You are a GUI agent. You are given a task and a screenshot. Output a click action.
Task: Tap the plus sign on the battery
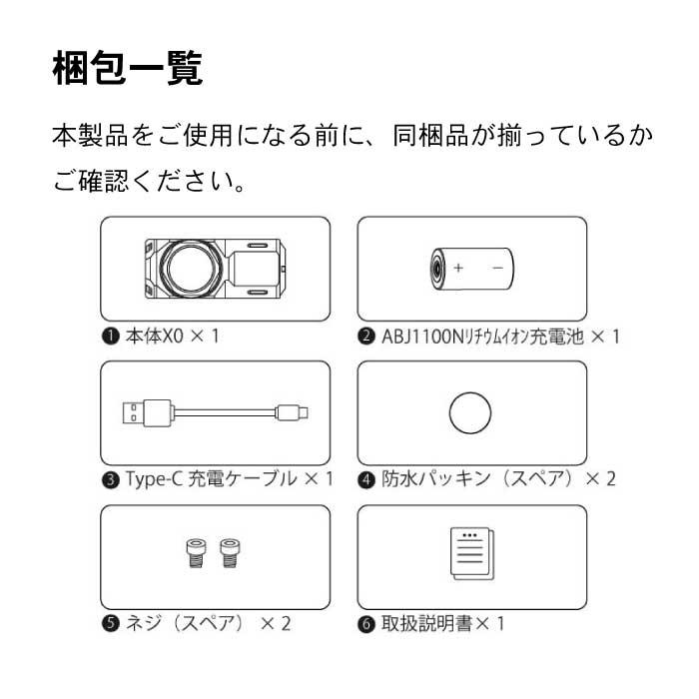459,269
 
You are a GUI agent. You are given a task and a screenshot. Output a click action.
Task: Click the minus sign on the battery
495,269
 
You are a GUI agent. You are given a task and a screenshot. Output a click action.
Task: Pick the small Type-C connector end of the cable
299,411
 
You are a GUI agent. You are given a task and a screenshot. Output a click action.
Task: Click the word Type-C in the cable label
150,479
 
